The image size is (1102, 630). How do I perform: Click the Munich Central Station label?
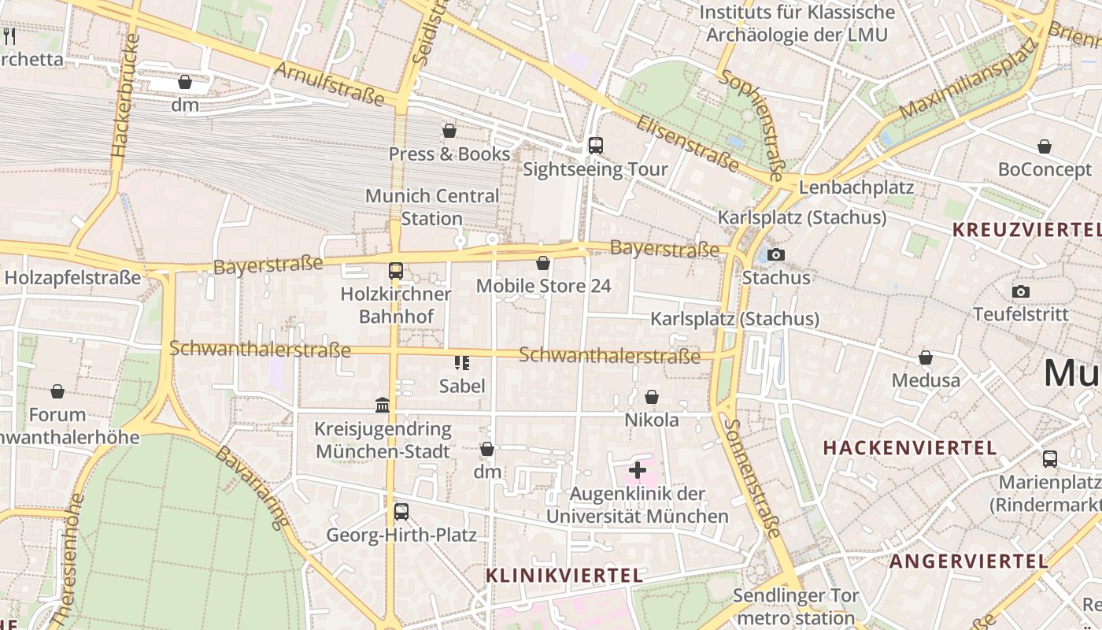[x=432, y=207]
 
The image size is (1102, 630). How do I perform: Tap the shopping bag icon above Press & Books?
[x=449, y=130]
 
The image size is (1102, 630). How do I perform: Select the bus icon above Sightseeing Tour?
[x=596, y=145]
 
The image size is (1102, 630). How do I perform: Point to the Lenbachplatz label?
[x=856, y=187]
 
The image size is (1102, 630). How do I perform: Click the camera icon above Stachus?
[x=776, y=254]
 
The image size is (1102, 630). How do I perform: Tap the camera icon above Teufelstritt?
[x=1021, y=291]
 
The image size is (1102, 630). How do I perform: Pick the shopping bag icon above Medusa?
[x=926, y=358]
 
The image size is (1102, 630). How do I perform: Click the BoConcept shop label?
[x=1045, y=169]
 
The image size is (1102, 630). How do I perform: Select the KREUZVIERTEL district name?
[x=1026, y=230]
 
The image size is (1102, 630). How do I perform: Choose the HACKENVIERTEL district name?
[x=910, y=448]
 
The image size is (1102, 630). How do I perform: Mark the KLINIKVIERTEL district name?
[x=564, y=576]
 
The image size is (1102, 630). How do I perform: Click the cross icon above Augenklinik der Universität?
[x=638, y=471]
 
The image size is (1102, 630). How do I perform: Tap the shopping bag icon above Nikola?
[x=652, y=397]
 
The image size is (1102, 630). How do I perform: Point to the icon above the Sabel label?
[x=462, y=362]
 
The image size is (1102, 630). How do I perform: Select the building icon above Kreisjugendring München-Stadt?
[x=383, y=405]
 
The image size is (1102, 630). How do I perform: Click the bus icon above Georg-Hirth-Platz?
[x=401, y=512]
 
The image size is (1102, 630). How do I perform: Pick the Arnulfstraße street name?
[x=329, y=83]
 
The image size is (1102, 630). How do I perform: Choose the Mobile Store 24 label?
[x=543, y=286]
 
